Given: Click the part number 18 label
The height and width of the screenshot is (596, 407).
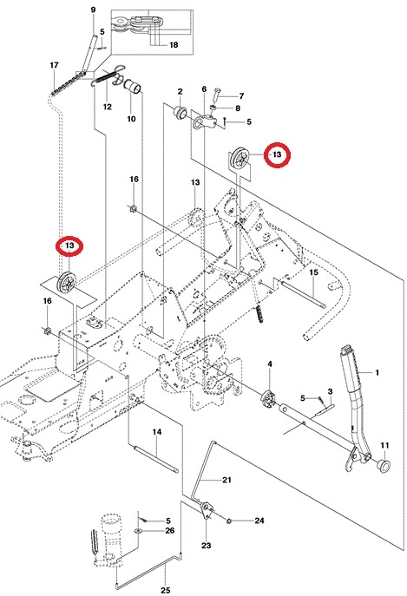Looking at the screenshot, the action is click(x=174, y=45).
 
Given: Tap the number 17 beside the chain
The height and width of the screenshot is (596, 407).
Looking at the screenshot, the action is click(x=54, y=65).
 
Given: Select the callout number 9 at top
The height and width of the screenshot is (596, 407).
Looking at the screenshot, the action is click(x=93, y=10).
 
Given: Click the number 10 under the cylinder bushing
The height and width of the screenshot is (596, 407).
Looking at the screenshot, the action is click(x=131, y=119).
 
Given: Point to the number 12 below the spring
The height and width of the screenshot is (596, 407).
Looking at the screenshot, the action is click(x=108, y=107).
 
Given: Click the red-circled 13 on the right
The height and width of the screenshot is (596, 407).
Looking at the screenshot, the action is click(x=278, y=154).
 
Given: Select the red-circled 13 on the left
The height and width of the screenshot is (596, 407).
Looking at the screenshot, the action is click(x=69, y=246).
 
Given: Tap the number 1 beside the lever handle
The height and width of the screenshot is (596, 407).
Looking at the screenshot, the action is click(x=377, y=372).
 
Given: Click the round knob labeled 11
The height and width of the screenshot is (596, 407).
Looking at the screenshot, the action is click(x=384, y=465).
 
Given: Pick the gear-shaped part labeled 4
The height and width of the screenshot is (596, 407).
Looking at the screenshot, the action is click(x=268, y=396).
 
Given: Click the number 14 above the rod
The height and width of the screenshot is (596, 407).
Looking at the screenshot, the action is click(x=157, y=432).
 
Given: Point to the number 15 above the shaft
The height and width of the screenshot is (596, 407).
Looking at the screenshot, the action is click(x=313, y=272).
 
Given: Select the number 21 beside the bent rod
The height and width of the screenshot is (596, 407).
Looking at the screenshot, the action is click(x=226, y=480).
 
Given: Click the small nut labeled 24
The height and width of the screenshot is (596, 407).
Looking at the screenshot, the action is click(x=229, y=521).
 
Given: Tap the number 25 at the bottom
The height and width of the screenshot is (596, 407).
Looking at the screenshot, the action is click(x=166, y=590).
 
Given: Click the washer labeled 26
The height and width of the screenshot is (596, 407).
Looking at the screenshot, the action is click(x=138, y=530).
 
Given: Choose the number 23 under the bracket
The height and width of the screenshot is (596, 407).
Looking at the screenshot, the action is click(x=206, y=546).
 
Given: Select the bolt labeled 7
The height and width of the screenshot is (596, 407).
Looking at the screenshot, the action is click(x=216, y=94).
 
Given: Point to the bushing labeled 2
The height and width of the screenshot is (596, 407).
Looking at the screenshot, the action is click(x=180, y=112).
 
